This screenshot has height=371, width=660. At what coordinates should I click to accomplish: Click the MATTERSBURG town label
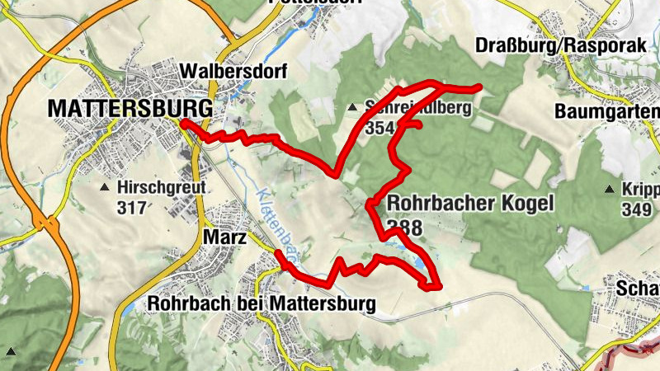pos(130,107)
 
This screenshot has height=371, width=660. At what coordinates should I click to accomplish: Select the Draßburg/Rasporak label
pos(559,46)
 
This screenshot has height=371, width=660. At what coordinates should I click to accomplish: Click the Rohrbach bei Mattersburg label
pos(261,303)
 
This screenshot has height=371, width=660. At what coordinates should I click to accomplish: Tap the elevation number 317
pos(131,208)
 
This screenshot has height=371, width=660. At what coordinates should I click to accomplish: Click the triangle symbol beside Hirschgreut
pos(105,188)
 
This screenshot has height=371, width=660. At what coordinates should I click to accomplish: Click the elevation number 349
pos(637,210)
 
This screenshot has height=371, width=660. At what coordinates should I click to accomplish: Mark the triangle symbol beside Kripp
pos(610,190)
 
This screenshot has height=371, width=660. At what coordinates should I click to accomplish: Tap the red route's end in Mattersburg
pos(183,123)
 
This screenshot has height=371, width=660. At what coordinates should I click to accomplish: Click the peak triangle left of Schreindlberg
pos(353,107)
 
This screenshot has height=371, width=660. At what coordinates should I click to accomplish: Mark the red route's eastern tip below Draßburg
pos(478,87)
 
